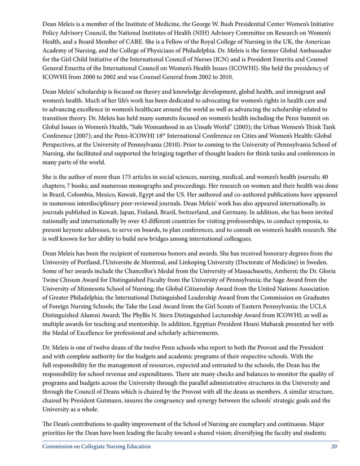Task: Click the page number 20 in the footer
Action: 335,447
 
